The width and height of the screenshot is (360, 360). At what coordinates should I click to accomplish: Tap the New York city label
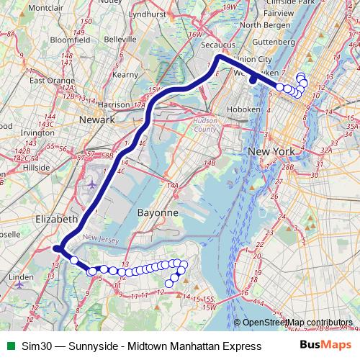(x=271, y=152)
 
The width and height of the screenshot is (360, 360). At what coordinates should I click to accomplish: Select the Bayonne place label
(x=157, y=213)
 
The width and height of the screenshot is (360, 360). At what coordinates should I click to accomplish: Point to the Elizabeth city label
(x=55, y=218)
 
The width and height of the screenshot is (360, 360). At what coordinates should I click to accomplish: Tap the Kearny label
(x=125, y=73)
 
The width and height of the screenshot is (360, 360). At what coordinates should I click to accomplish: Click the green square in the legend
(x=9, y=346)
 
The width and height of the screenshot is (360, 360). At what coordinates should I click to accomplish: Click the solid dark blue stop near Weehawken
(x=253, y=79)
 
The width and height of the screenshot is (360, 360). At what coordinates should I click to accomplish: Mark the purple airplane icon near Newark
(x=91, y=183)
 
